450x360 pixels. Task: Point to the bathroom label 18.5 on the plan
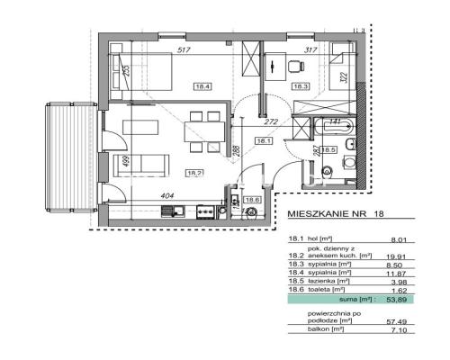(x=329, y=150)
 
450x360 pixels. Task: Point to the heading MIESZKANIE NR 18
(x=342, y=216)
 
